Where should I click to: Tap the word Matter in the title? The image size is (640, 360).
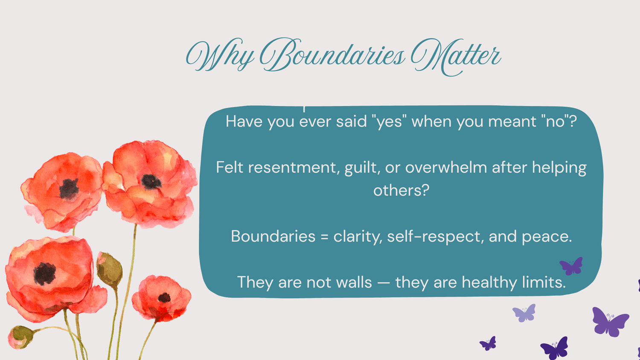click(x=456, y=57)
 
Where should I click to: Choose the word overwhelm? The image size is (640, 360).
click(x=446, y=168)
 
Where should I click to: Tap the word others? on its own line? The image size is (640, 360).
click(x=401, y=190)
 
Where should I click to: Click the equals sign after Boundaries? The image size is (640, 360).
click(x=324, y=237)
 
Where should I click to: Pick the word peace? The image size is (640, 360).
click(x=547, y=237)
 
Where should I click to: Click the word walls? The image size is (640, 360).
click(x=354, y=282)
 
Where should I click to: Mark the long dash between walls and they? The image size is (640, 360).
click(x=384, y=283)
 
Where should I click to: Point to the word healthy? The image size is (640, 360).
click(x=489, y=282)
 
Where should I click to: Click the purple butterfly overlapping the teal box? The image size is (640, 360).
click(x=571, y=266)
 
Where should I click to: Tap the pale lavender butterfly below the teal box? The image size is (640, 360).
click(x=524, y=313)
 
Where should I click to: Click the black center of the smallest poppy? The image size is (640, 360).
click(x=164, y=298)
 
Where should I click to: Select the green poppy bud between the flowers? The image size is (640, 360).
click(x=109, y=270)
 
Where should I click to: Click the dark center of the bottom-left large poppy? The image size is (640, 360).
click(x=44, y=274)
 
